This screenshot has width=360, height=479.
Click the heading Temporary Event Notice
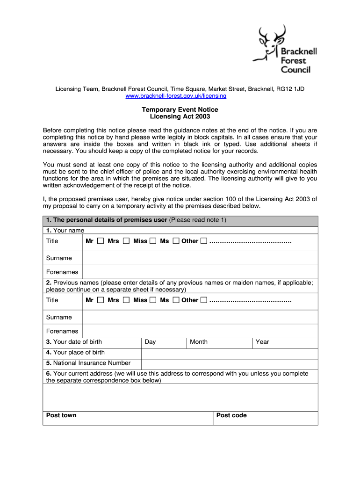180,109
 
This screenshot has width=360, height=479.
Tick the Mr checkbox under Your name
101,241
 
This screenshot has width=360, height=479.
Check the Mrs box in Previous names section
126,300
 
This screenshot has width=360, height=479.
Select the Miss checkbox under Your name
153,241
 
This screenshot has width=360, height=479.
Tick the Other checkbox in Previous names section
204,300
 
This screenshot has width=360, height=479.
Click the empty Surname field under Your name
200,258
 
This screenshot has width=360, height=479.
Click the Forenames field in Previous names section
200,331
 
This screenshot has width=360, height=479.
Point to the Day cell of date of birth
164,342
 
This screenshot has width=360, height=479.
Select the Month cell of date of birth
220,342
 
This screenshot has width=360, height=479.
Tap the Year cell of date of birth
285,342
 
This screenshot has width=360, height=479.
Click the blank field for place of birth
229,353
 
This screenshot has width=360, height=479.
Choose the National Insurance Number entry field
229,363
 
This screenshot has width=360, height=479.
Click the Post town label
61,415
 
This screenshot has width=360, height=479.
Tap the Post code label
231,415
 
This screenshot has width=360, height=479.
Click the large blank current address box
180,398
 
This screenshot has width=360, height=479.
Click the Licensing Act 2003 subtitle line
180,116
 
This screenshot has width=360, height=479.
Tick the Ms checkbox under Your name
176,241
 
